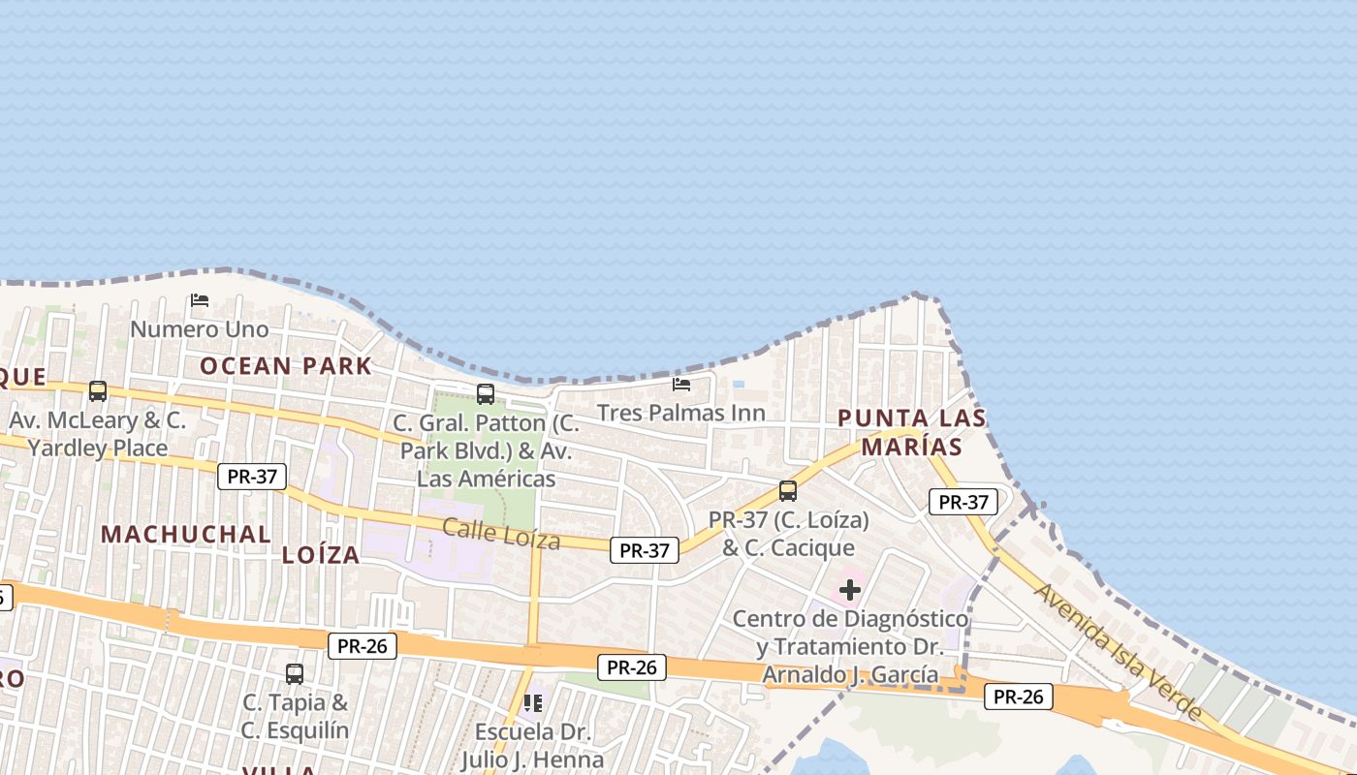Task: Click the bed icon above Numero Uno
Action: (200, 299)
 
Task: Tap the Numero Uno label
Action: (199, 329)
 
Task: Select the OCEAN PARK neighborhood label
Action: (286, 366)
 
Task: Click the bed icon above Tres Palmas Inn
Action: (681, 384)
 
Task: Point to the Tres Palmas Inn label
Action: (680, 413)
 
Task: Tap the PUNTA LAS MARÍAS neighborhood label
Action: (911, 432)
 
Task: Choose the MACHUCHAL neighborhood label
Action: (186, 535)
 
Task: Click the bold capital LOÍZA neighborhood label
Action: (321, 555)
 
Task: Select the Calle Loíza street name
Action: (501, 533)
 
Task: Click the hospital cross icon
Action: (850, 589)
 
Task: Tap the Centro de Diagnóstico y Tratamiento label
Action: (850, 646)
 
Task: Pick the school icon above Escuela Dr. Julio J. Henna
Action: (532, 702)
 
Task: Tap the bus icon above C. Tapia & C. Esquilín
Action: (295, 673)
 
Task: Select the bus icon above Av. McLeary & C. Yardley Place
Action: (98, 391)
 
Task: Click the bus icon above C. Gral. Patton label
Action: (486, 394)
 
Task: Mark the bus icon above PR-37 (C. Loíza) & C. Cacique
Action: (788, 491)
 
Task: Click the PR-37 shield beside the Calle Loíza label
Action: (645, 550)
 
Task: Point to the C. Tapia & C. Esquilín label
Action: (295, 716)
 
